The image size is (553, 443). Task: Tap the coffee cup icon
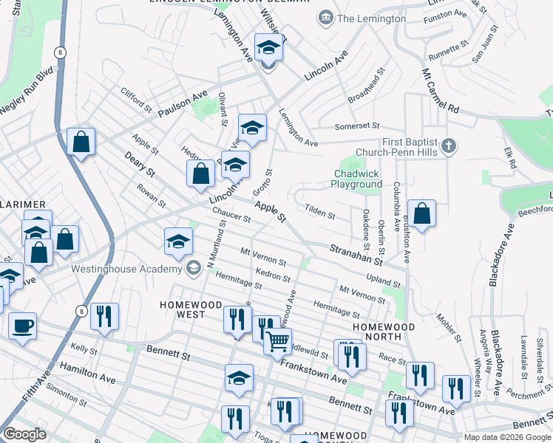pyautogui.click(x=22, y=325)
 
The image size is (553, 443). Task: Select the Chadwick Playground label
pyautogui.click(x=356, y=179)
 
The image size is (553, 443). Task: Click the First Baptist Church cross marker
pyautogui.click(x=448, y=146)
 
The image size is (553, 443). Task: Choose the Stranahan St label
pyautogui.click(x=356, y=255)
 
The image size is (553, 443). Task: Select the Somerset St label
pyautogui.click(x=357, y=126)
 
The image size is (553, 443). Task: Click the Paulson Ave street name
pyautogui.click(x=182, y=106)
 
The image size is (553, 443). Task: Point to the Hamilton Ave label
pyautogui.click(x=88, y=373)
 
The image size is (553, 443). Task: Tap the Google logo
pyautogui.click(x=25, y=434)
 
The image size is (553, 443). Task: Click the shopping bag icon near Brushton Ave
pyautogui.click(x=421, y=214)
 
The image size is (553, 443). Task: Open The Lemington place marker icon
pyautogui.click(x=324, y=18)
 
